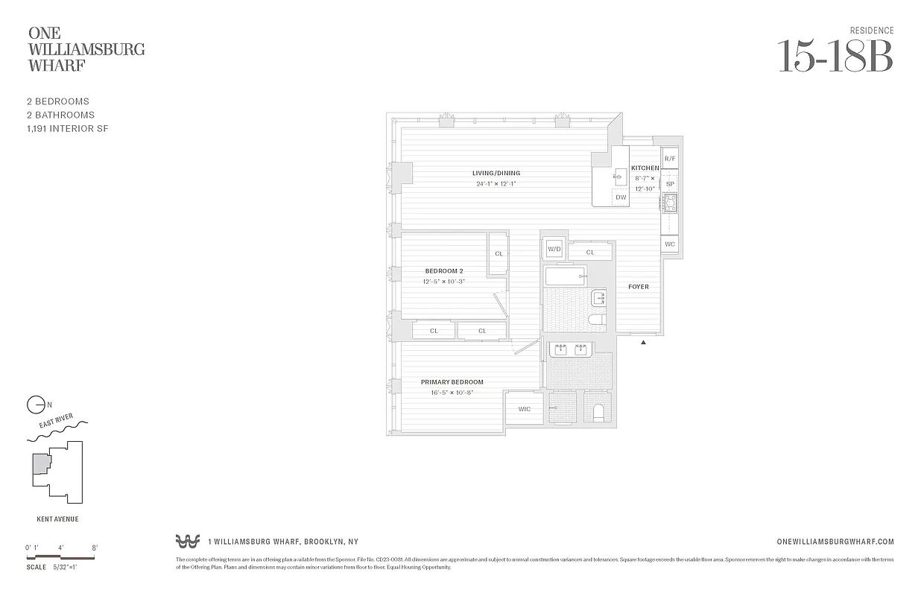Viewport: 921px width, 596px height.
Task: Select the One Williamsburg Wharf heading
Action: point(86,49)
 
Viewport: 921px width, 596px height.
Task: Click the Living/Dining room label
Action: point(496,174)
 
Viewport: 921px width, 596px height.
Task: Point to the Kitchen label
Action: point(645,168)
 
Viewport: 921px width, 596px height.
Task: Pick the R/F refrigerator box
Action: point(669,159)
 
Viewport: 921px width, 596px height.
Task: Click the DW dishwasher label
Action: point(620,197)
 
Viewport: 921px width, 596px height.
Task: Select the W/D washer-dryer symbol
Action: point(554,249)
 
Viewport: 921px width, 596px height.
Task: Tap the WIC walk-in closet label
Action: point(525,409)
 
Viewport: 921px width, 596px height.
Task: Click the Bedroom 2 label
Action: point(444,270)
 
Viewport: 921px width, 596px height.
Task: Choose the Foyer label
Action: point(638,287)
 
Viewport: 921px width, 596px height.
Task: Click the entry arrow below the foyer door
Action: point(643,342)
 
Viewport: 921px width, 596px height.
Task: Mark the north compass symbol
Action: point(35,405)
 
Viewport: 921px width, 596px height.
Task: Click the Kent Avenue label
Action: point(57,519)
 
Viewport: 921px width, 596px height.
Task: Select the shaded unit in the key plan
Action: point(40,465)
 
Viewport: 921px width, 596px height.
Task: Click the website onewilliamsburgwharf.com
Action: point(835,542)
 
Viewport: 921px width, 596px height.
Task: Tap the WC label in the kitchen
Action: point(669,244)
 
